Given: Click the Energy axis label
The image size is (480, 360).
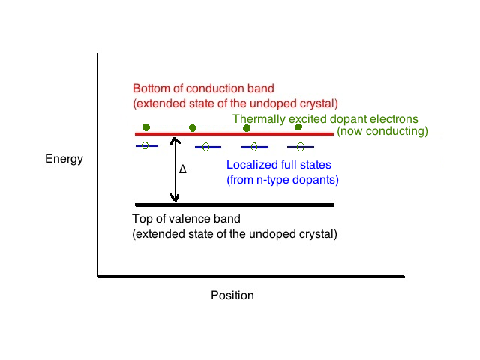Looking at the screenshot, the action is coord(64,159).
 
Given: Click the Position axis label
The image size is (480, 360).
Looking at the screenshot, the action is coord(232,295).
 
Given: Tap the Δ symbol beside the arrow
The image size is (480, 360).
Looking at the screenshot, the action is coord(183,169).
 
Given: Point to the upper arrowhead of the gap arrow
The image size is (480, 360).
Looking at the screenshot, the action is coord(175,139).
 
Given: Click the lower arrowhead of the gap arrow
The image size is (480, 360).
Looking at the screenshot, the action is coord(175,198).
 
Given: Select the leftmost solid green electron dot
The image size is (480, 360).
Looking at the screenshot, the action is coord(146,127).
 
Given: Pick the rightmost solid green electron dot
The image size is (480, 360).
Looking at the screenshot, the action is coord(298,127).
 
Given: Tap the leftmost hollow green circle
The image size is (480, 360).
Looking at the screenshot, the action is coord(145,145).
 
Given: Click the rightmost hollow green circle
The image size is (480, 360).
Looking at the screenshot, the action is coord(301,147).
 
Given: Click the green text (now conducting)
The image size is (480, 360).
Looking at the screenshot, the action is coord(382,131).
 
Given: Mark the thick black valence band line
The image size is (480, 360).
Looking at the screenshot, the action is coord(235,205).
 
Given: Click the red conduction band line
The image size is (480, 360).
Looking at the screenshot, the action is coord(234,134).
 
